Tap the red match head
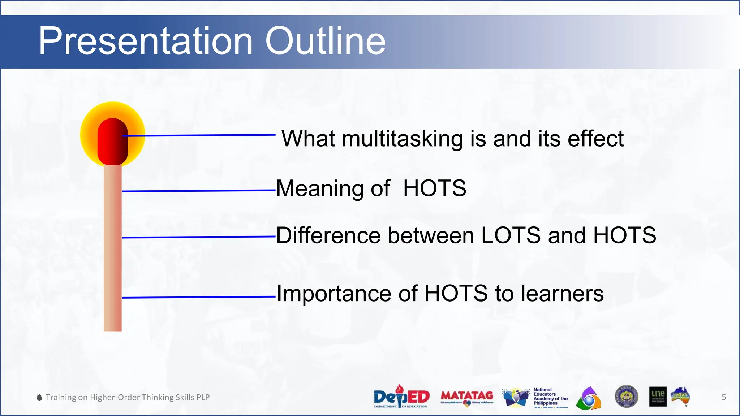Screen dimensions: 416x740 tap(112, 141)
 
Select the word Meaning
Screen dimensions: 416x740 tap(320, 188)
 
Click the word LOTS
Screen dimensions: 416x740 tap(511, 235)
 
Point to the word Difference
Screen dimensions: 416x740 tap(328, 235)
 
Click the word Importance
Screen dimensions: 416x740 tap(334, 293)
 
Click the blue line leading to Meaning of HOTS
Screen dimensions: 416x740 tap(199, 191)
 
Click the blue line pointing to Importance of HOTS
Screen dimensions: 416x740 tap(199, 297)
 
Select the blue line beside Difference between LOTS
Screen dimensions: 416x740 tap(199, 237)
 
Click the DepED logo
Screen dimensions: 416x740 tap(401, 396)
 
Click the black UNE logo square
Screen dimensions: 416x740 tap(658, 397)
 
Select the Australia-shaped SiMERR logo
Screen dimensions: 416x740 tap(681, 396)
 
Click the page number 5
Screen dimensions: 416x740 tap(724, 397)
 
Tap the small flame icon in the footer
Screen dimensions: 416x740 tap(40, 397)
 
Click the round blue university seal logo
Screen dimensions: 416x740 tap(626, 396)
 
